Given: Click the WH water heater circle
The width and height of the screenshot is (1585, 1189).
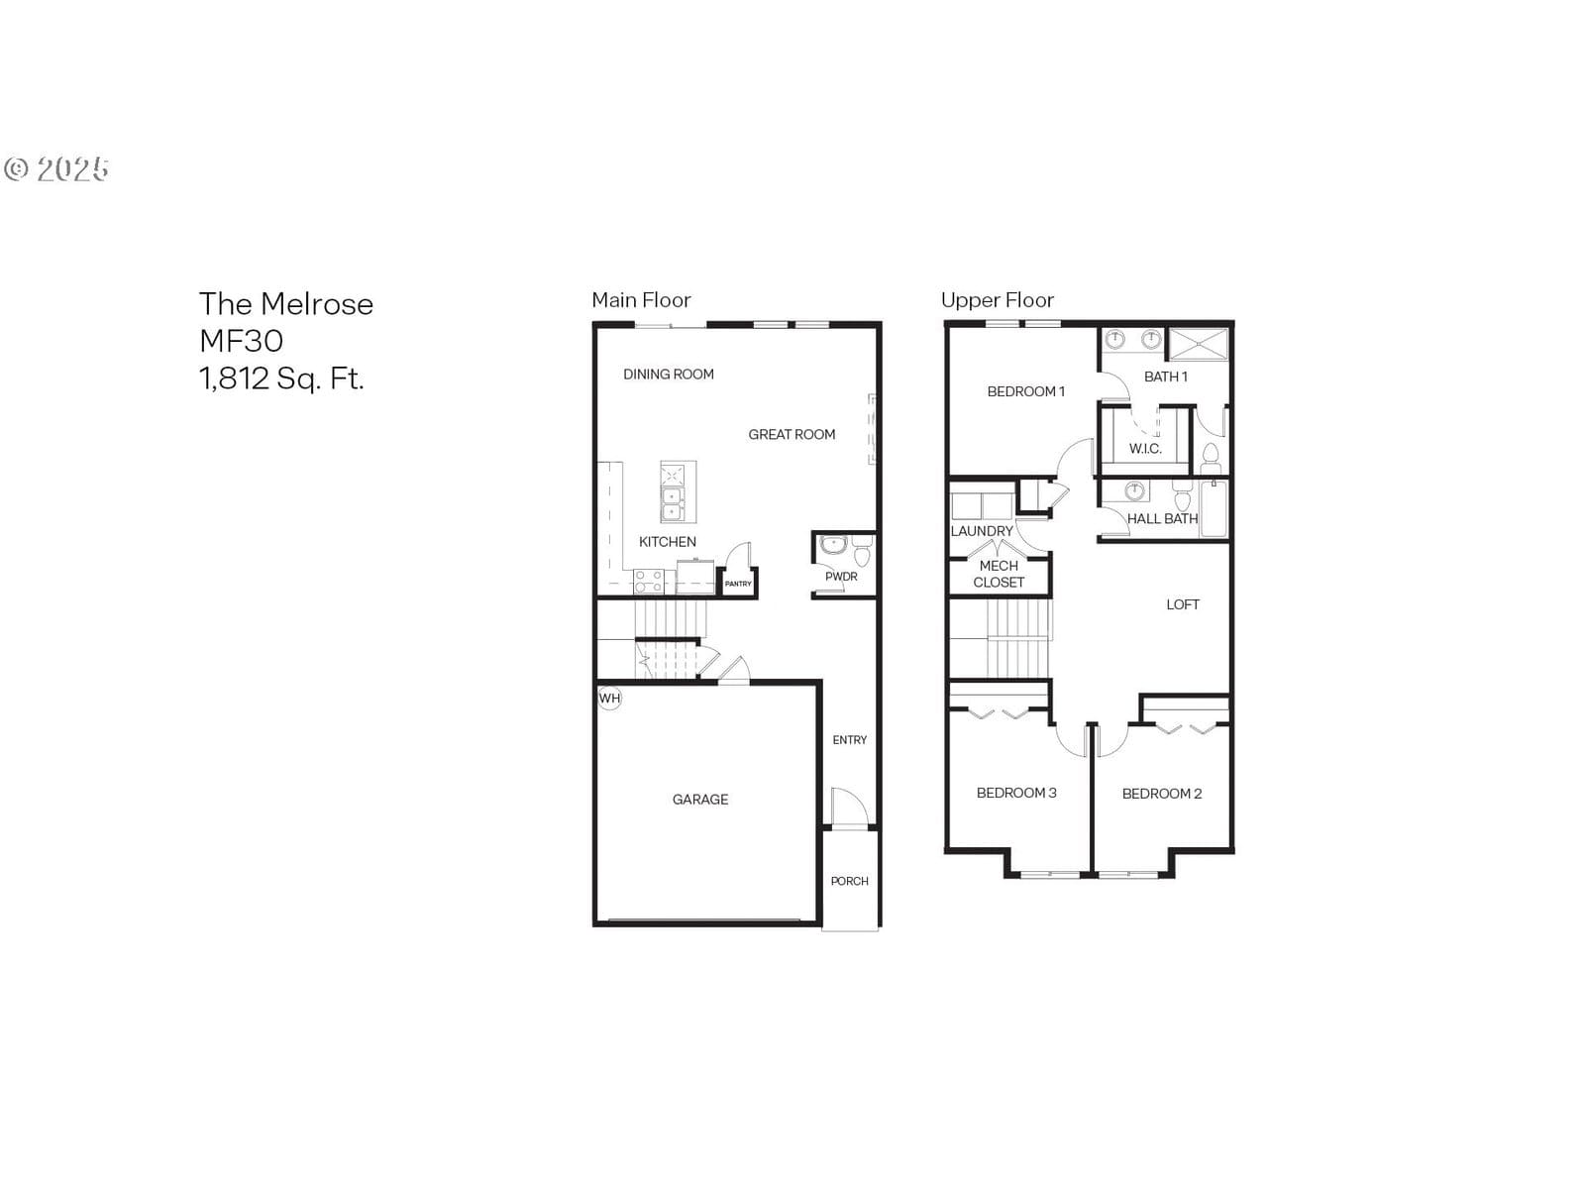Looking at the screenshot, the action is click(609, 699).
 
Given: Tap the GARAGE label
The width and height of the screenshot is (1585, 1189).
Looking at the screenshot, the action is click(699, 800).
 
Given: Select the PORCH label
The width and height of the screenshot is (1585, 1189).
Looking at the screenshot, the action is click(849, 881).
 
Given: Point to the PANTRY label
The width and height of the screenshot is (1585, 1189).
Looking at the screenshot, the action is click(738, 584).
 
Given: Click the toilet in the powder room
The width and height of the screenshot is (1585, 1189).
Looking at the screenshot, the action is click(862, 551).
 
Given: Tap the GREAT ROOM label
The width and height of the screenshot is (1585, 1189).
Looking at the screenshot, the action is click(792, 435).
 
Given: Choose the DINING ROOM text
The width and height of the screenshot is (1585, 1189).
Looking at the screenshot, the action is click(668, 374).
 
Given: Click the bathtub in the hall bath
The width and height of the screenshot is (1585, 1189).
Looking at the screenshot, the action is click(1214, 509).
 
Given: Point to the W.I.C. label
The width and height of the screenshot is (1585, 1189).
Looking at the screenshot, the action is click(1145, 448).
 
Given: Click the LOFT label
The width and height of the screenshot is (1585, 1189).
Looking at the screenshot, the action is click(1182, 604).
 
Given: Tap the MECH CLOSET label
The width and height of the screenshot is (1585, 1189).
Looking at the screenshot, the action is click(999, 574).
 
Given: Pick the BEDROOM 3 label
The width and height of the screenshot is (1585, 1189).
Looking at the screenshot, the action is click(1016, 793).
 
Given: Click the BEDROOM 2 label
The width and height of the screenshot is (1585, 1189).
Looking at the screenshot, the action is click(1161, 794).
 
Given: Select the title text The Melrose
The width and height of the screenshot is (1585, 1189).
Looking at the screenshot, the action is click(286, 304).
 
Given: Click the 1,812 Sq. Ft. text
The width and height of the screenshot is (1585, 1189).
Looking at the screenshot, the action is click(281, 378).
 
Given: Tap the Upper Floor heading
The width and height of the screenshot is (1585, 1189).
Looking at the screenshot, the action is click(998, 299).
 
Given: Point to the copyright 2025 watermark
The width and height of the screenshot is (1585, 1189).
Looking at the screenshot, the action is click(56, 168).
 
